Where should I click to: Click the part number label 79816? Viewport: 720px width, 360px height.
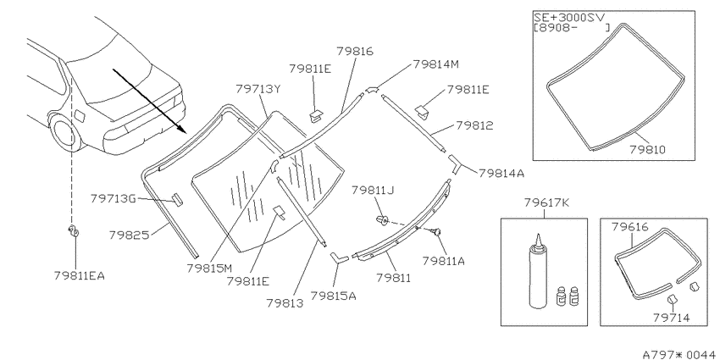pyautogui.click(x=355, y=51)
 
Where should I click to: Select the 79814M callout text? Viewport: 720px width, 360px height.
pyautogui.click(x=435, y=64)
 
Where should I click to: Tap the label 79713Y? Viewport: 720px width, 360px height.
pyautogui.click(x=258, y=88)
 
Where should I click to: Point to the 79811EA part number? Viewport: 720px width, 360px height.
pyautogui.click(x=79, y=275)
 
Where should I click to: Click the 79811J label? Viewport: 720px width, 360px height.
pyautogui.click(x=374, y=190)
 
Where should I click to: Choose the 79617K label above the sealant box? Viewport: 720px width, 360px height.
pyautogui.click(x=546, y=202)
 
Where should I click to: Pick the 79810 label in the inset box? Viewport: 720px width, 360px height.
pyautogui.click(x=647, y=149)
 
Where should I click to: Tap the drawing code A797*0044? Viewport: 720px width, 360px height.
pyautogui.click(x=678, y=354)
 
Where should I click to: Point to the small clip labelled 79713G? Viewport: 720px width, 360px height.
pyautogui.click(x=177, y=200)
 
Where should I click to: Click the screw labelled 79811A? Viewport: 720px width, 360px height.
pyautogui.click(x=435, y=230)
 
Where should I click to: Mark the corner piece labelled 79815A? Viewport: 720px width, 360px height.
pyautogui.click(x=338, y=258)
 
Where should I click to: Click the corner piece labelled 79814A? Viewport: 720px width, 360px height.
pyautogui.click(x=456, y=164)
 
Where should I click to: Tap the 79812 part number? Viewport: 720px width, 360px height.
pyautogui.click(x=474, y=125)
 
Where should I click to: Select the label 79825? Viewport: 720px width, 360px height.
pyautogui.click(x=129, y=235)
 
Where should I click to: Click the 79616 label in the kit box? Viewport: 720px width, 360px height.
pyautogui.click(x=629, y=226)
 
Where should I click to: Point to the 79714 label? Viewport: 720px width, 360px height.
pyautogui.click(x=671, y=318)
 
